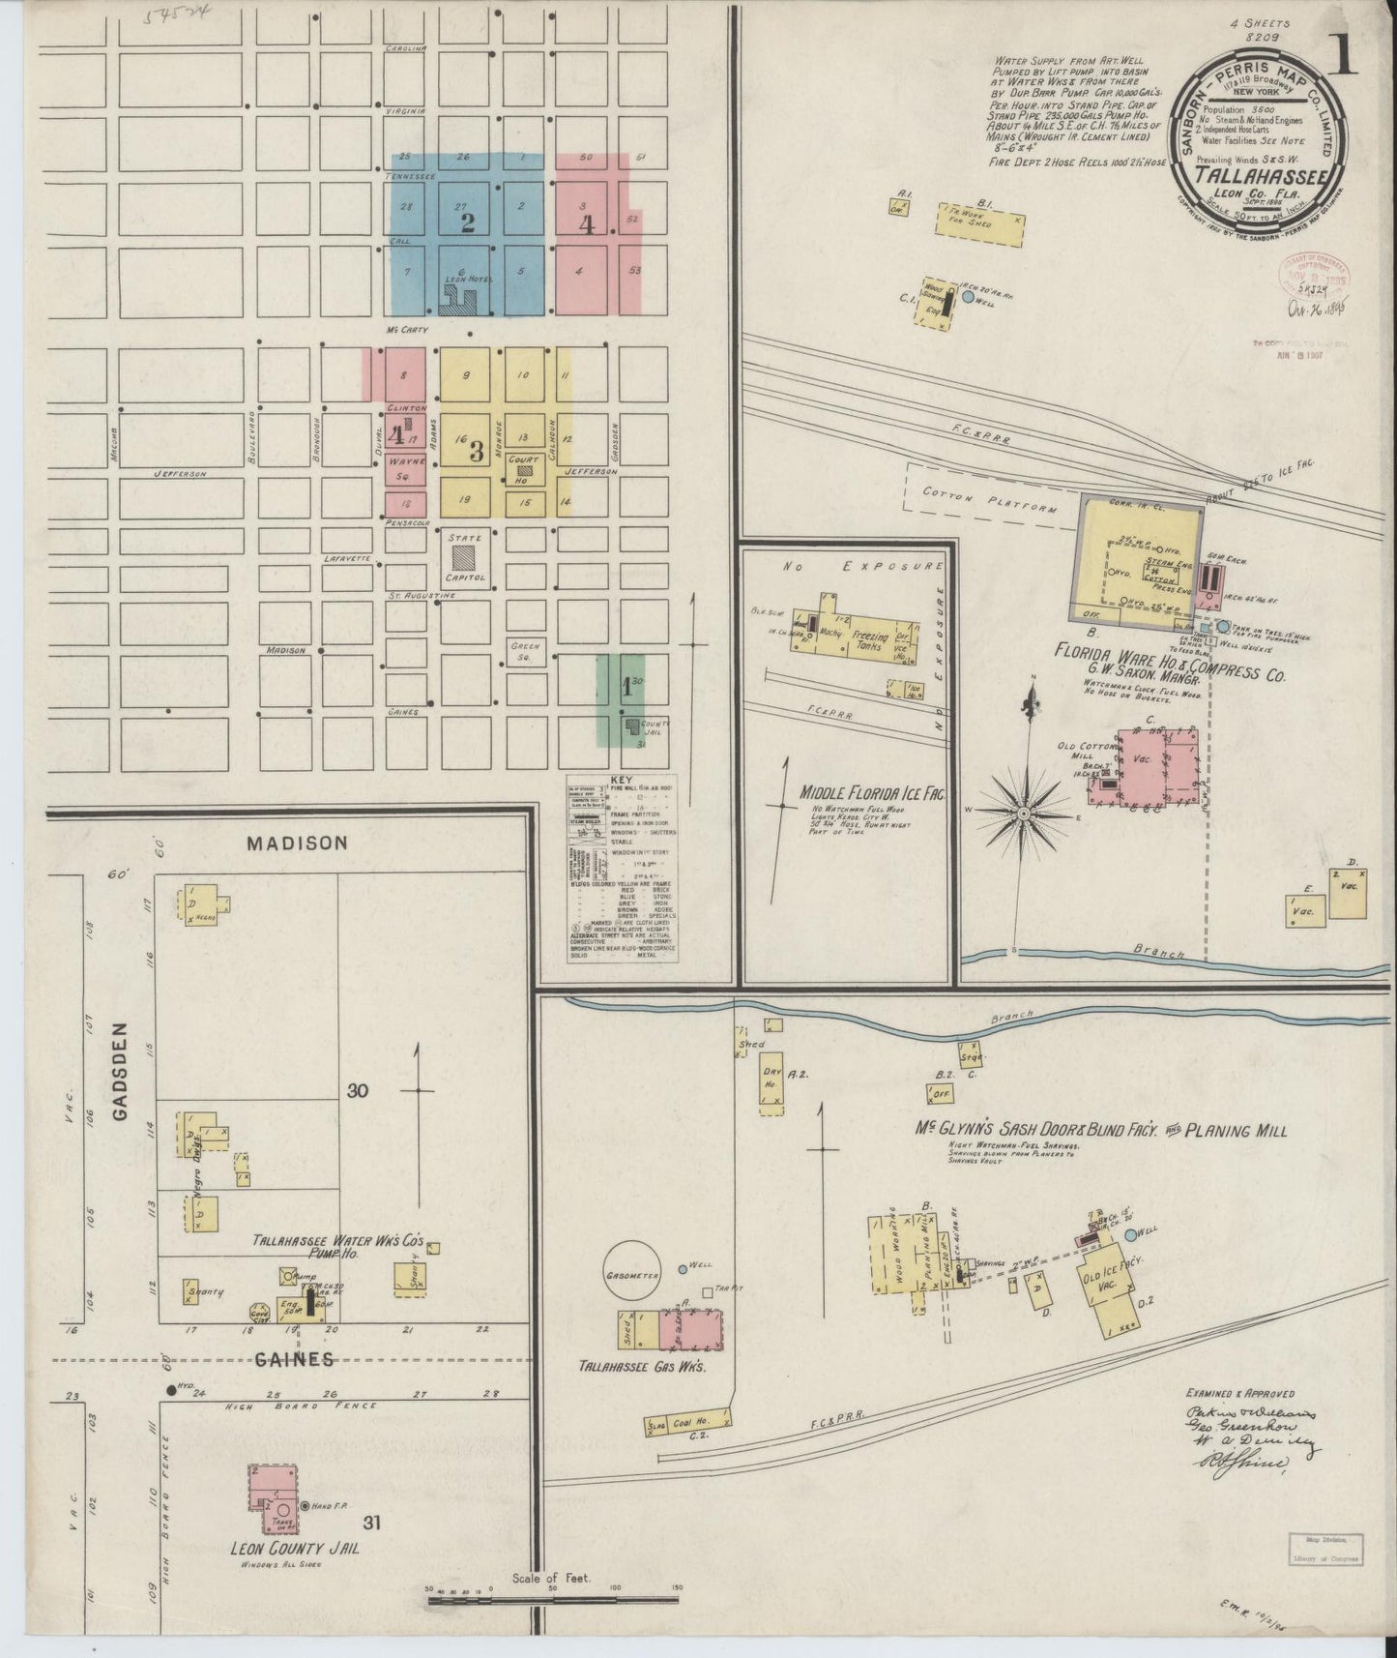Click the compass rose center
[1023, 814]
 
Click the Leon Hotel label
[469, 279]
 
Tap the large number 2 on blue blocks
[468, 223]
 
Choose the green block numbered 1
[626, 688]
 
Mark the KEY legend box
[621, 868]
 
